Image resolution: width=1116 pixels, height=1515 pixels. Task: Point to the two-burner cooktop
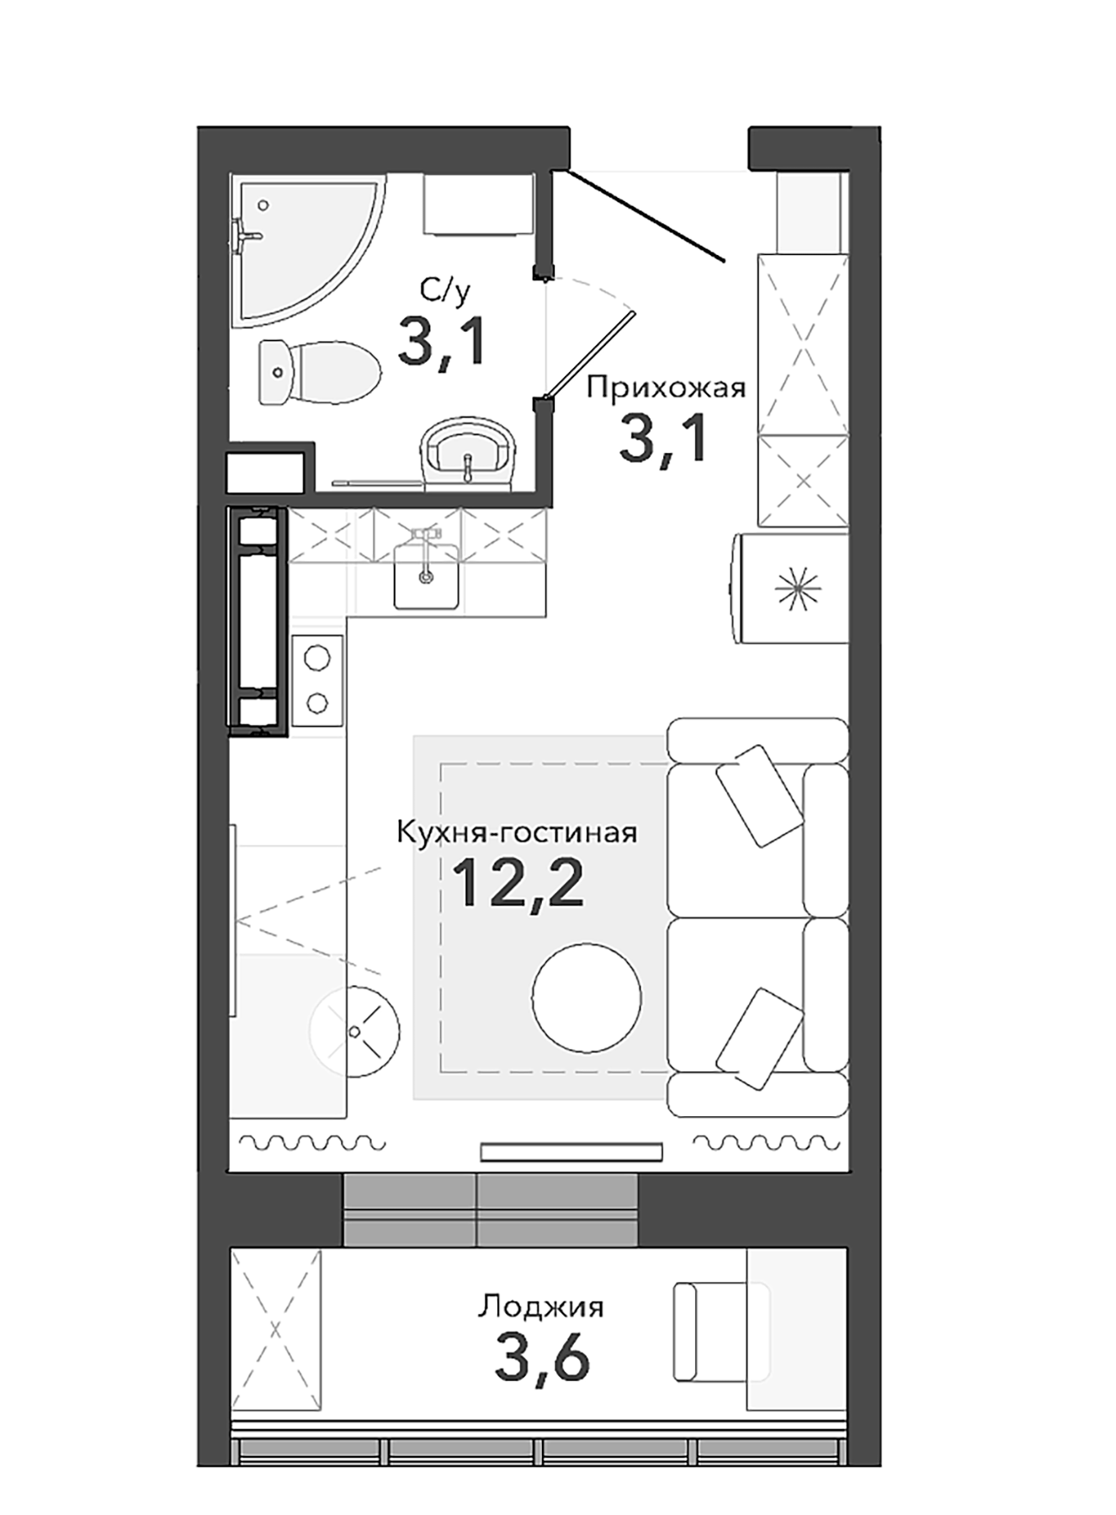click(317, 680)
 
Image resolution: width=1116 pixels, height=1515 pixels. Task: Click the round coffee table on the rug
click(587, 997)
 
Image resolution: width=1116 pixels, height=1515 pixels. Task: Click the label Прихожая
click(666, 388)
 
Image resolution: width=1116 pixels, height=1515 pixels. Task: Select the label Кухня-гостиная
click(517, 833)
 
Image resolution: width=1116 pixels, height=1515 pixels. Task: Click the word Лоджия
click(541, 1307)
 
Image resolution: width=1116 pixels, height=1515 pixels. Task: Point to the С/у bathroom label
click(445, 291)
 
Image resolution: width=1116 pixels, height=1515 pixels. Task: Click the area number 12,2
click(518, 884)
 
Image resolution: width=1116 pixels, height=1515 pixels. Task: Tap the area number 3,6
click(542, 1358)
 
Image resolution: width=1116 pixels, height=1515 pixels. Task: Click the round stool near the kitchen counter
click(354, 1029)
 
